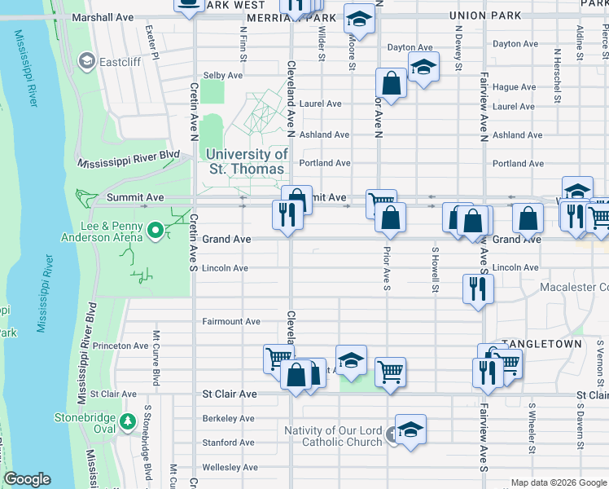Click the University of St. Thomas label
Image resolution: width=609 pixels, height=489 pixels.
pyautogui.click(x=246, y=161)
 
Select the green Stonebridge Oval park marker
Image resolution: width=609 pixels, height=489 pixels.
pyautogui.click(x=127, y=421)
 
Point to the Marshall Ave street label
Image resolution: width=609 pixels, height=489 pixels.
pyautogui.click(x=103, y=16)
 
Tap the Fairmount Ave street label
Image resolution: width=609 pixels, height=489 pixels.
pyautogui.click(x=231, y=321)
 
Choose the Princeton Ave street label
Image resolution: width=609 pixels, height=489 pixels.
pyautogui.click(x=120, y=346)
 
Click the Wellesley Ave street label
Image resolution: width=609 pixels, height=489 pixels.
pyautogui.click(x=230, y=467)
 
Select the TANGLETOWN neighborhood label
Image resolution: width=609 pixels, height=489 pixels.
pyautogui.click(x=541, y=344)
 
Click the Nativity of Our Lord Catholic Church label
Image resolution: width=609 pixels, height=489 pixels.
pyautogui.click(x=332, y=436)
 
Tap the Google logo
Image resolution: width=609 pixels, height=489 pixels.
pyautogui.click(x=27, y=479)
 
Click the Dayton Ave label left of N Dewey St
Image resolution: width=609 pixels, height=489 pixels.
pyautogui.click(x=410, y=47)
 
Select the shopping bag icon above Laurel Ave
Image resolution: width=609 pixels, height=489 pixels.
pyautogui.click(x=392, y=82)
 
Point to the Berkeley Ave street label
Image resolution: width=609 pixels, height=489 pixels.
pyautogui.click(x=229, y=418)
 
